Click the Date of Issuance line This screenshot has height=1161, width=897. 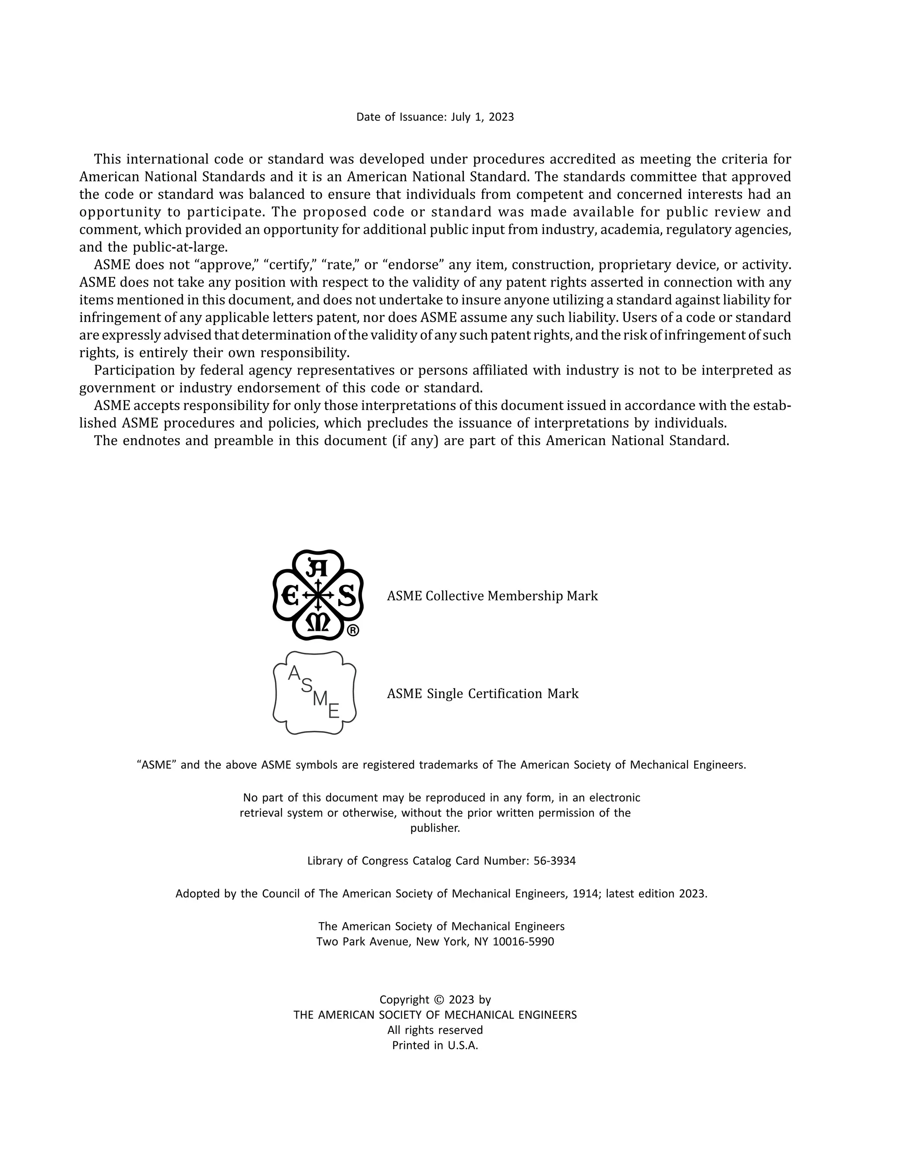[434, 117]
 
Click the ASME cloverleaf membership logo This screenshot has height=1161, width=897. [317, 595]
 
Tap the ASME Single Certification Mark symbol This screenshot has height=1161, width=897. [314, 693]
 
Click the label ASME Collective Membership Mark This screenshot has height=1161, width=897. [492, 596]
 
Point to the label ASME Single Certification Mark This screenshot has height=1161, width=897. [483, 694]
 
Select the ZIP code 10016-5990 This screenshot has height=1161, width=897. [523, 942]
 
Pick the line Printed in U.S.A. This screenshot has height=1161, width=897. [434, 1045]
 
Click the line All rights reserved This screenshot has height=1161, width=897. [434, 1030]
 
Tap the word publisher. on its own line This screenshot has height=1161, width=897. [434, 828]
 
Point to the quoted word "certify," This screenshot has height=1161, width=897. [290, 265]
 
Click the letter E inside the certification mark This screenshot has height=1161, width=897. [334, 711]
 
